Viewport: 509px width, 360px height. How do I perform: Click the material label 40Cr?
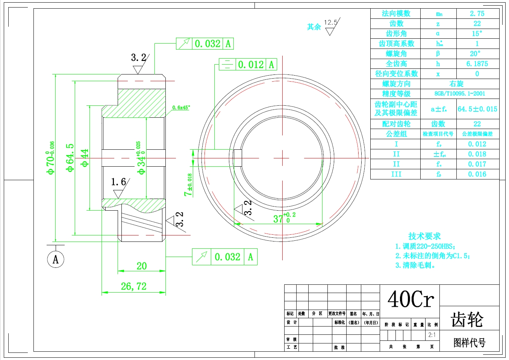pyautogui.click(x=411, y=299)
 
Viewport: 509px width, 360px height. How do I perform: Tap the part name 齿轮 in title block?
pyautogui.click(x=467, y=319)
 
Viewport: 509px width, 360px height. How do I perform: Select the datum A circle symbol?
pyautogui.click(x=56, y=259)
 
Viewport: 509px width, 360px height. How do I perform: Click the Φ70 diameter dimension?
pyautogui.click(x=50, y=158)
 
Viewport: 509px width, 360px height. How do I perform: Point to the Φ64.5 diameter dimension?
pyautogui.click(x=70, y=158)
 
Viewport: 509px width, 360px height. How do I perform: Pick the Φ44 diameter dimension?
pyautogui.click(x=85, y=158)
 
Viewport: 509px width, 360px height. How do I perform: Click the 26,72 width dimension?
pyautogui.click(x=133, y=287)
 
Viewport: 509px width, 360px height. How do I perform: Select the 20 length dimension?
pyautogui.click(x=141, y=266)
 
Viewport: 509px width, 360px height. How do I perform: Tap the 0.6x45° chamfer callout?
pyautogui.click(x=181, y=108)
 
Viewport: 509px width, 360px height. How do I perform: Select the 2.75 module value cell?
pyautogui.click(x=477, y=14)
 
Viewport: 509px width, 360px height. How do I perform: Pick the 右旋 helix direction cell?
pyautogui.click(x=456, y=84)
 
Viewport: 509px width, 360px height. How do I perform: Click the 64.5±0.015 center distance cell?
pyautogui.click(x=477, y=109)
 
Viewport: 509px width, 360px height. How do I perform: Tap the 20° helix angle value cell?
pyautogui.click(x=475, y=54)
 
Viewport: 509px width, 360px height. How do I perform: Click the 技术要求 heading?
pyautogui.click(x=424, y=236)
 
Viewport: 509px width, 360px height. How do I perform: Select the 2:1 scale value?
pyautogui.click(x=432, y=335)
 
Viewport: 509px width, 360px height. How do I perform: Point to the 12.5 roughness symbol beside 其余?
pyautogui.click(x=331, y=26)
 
